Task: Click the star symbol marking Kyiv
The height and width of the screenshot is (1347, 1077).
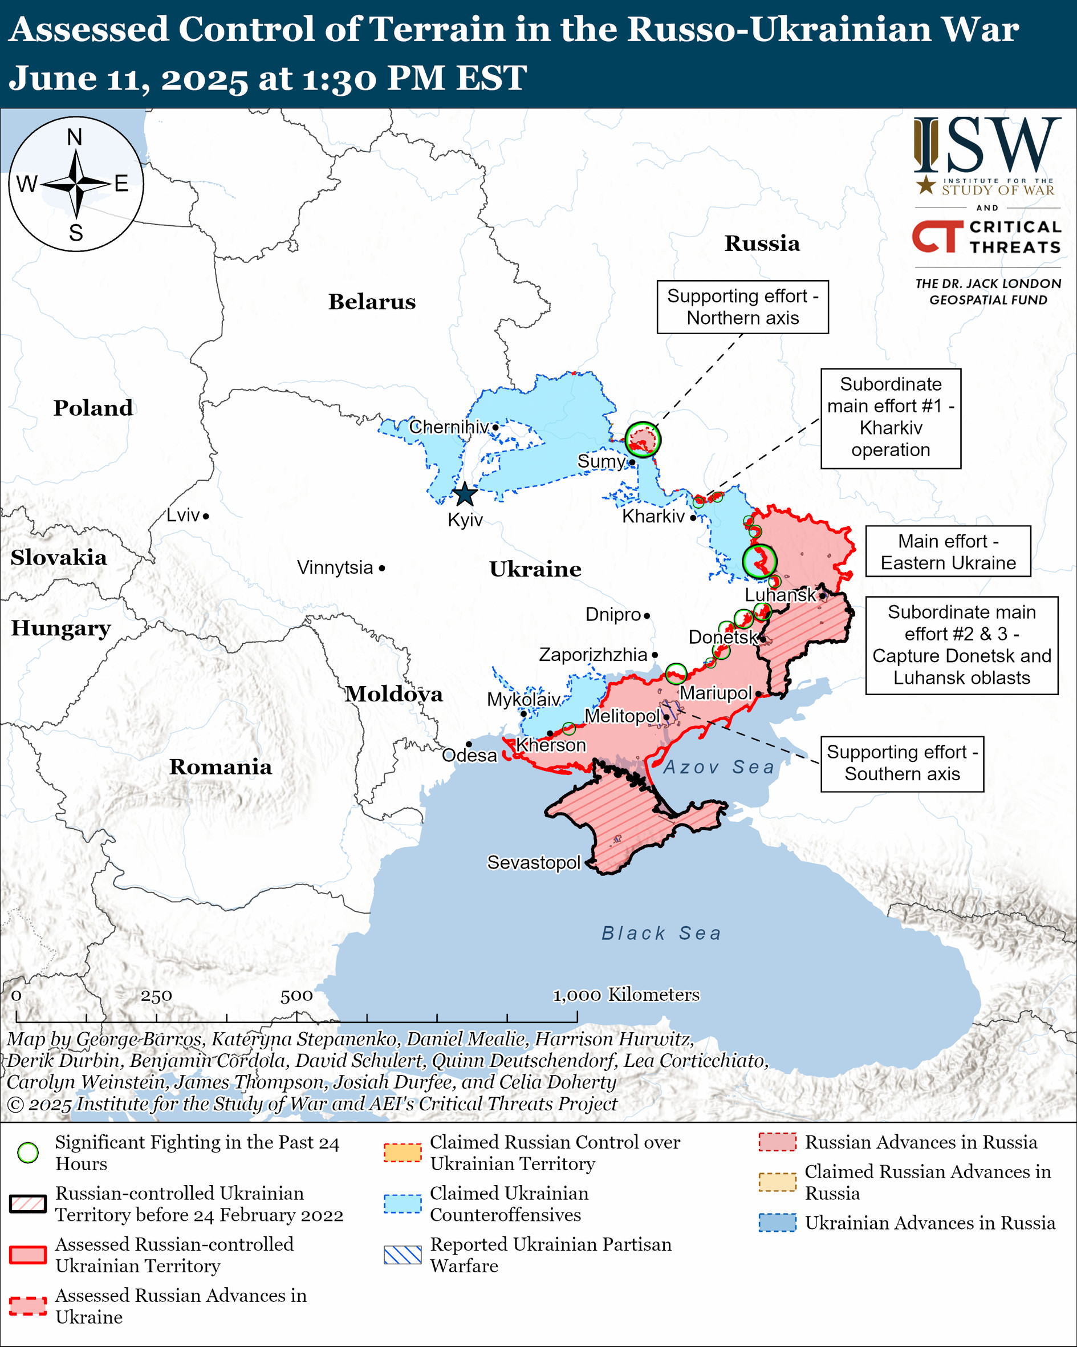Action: (x=465, y=495)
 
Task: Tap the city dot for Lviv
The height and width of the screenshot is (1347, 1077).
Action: (x=205, y=516)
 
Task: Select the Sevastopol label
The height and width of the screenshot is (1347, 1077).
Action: (x=534, y=862)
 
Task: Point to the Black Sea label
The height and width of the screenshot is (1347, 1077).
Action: (x=661, y=933)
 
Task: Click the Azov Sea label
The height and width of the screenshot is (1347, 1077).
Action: (x=718, y=766)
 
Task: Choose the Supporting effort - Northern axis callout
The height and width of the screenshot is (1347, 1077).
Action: (x=742, y=307)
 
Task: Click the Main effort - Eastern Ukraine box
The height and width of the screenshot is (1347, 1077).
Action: (x=948, y=551)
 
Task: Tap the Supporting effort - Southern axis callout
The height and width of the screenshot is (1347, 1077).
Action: (x=901, y=763)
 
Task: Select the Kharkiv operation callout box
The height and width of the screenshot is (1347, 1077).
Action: (x=890, y=417)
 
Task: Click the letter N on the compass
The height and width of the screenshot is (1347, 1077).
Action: (x=74, y=137)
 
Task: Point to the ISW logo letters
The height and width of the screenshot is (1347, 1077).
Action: (x=987, y=145)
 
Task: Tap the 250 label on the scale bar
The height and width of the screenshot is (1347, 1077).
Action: (x=156, y=996)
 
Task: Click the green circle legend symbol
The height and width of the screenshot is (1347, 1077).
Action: (x=28, y=1153)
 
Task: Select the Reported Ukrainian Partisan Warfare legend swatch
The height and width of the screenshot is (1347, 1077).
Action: (x=403, y=1255)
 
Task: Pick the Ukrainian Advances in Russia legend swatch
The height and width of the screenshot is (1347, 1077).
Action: (x=777, y=1222)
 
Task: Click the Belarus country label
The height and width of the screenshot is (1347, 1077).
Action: (x=372, y=302)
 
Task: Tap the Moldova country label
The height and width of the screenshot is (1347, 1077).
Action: (x=393, y=694)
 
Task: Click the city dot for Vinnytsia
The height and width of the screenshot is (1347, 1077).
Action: (x=381, y=568)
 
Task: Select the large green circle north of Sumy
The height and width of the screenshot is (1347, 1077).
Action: (x=643, y=439)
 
